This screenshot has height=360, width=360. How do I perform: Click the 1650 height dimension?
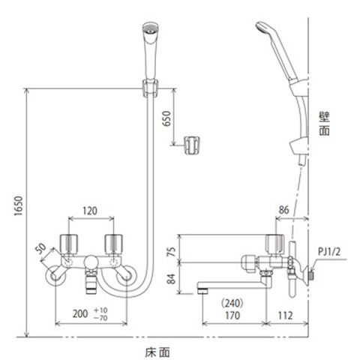click(x=19, y=205)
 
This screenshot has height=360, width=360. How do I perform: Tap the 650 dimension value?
click(x=166, y=118)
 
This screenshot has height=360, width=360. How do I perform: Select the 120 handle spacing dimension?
click(x=90, y=211)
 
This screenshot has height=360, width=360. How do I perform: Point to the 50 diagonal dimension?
click(x=40, y=247)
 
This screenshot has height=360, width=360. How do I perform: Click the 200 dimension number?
click(x=80, y=313)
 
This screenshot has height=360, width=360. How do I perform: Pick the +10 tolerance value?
click(x=100, y=310)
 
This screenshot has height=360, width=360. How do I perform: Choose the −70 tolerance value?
click(x=100, y=318)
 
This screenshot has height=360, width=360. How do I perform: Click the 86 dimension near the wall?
click(x=283, y=210)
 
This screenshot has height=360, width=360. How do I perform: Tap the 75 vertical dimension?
click(x=171, y=251)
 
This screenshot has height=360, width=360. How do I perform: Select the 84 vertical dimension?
click(x=171, y=279)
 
